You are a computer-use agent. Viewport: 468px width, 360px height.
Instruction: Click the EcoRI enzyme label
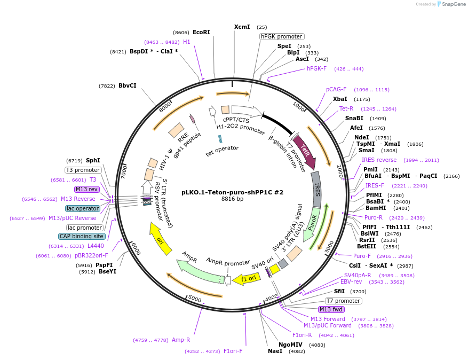[201, 32]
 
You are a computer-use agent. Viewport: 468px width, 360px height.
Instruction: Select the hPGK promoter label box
[281, 36]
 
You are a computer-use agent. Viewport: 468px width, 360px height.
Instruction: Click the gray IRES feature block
[316, 189]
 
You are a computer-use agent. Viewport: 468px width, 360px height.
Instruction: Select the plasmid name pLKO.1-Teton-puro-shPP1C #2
[232, 192]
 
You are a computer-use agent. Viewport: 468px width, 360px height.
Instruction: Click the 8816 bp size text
[232, 199]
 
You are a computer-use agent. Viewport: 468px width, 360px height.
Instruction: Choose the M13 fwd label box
[331, 309]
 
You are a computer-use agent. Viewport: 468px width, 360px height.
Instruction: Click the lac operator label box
[83, 208]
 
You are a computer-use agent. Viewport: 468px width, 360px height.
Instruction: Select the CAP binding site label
[82, 236]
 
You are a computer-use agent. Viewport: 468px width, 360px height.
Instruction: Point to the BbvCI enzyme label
[128, 85]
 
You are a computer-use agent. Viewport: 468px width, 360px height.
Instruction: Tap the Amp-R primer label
[181, 340]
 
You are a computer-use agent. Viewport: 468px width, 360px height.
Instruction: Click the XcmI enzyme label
[242, 27]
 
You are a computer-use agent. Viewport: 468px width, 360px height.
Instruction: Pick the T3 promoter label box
[83, 170]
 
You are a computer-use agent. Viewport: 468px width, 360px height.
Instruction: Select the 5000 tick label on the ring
[195, 299]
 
